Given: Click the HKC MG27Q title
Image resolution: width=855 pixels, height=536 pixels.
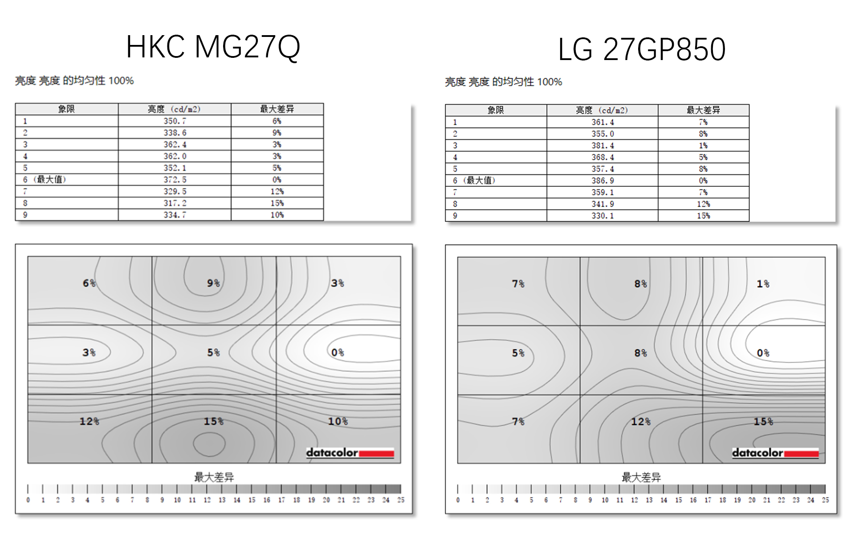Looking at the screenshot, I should coord(213,47).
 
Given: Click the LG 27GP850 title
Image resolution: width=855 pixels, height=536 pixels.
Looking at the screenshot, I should coord(641,49).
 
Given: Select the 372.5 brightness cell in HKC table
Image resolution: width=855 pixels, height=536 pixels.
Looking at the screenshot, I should coord(175,180).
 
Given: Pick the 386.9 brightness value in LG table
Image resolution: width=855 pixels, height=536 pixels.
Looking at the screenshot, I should coord(603,181).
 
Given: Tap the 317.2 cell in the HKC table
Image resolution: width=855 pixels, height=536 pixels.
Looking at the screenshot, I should coord(175,203).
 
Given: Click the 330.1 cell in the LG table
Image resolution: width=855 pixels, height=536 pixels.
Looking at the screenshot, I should coord(603,216).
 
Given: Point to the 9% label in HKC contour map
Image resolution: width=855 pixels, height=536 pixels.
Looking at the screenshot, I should coord(213,283).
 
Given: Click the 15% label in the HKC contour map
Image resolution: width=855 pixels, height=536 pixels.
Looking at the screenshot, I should coord(213,421).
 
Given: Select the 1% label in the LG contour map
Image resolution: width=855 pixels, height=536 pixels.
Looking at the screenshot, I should coord(763,284).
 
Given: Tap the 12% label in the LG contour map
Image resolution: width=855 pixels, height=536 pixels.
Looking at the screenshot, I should coord(640,422).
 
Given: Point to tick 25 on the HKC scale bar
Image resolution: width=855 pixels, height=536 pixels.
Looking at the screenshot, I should coord(401,500).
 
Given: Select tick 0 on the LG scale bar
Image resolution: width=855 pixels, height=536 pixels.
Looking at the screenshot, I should coord(458,500).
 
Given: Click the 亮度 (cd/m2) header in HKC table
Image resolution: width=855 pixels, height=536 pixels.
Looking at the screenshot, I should coord(174,109).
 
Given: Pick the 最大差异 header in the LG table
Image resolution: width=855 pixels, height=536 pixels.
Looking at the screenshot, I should coord(703,110).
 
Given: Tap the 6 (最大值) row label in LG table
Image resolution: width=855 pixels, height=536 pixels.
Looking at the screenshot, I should coord(474,181).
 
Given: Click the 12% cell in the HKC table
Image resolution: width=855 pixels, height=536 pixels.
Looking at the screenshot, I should coord(277,191).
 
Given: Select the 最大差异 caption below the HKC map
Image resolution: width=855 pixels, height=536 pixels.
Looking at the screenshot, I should coord(214,477).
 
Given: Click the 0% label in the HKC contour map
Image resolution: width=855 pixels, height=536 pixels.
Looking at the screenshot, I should coord(337,353).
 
